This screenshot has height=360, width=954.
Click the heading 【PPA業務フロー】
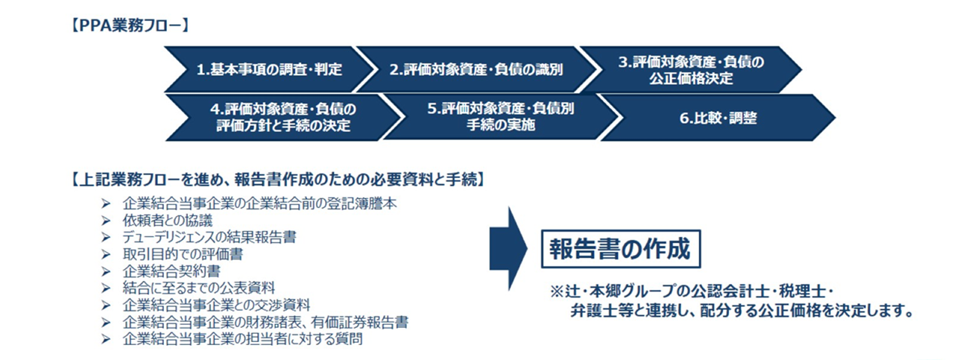pos(130,25)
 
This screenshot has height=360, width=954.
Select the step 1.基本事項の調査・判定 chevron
pos(269,69)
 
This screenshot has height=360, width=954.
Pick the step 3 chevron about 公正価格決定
pos(691,69)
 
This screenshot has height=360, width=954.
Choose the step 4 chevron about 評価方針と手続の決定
pos(282,117)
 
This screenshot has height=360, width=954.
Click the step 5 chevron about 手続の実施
pos(500,117)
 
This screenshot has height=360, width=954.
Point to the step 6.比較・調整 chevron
pos(718,118)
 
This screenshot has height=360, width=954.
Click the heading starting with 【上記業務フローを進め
pos(278,180)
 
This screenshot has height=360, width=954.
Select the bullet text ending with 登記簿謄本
pos(260,203)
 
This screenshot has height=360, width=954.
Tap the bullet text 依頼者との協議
pos(168,221)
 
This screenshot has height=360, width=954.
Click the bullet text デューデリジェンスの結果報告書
pos(209,237)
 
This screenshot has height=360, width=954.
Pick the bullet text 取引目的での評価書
pos(183,254)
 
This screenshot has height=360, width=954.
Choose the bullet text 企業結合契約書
pos(171,271)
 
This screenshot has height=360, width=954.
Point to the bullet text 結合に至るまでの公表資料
pos(199,288)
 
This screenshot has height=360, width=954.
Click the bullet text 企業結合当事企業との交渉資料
pos(216,305)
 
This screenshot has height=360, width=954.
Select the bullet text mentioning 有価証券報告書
pos(265,322)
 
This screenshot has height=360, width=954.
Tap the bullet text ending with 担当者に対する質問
pos(243,339)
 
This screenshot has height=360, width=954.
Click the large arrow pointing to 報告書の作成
pos(508,249)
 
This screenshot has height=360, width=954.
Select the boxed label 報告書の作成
pos(621,249)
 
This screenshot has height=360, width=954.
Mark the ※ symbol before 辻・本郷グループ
pos(557,292)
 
